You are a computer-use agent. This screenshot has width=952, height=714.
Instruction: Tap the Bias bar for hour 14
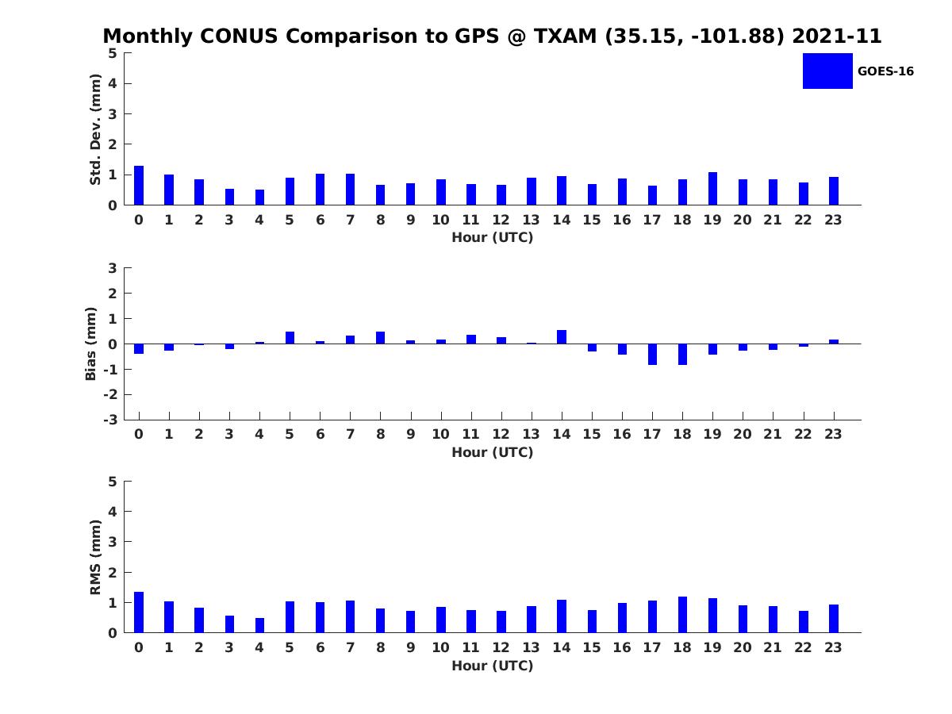[562, 337]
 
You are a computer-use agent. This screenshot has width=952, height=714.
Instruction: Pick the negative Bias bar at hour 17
[652, 354]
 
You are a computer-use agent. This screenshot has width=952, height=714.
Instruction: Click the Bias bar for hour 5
[290, 338]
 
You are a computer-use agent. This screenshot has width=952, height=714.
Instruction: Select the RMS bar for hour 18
[682, 615]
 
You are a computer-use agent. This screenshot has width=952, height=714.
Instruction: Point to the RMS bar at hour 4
[259, 625]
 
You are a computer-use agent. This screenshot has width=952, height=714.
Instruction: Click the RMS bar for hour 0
[139, 612]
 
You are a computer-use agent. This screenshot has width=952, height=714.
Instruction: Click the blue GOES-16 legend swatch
[827, 71]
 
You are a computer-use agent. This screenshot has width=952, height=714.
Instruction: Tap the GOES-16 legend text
[885, 71]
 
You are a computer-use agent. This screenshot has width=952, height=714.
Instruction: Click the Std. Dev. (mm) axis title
[96, 129]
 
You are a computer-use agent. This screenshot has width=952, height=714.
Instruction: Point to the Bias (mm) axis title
[91, 344]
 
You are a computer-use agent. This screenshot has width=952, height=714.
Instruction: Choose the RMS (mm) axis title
[96, 557]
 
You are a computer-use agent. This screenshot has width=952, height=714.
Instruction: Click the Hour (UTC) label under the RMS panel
[492, 666]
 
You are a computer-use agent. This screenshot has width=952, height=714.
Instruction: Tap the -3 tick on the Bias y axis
[112, 420]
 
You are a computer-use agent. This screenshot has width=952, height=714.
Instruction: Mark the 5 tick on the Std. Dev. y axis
[113, 53]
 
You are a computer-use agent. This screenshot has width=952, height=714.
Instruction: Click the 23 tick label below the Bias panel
[833, 434]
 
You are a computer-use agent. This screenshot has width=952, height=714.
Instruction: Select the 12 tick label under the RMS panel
[501, 647]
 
